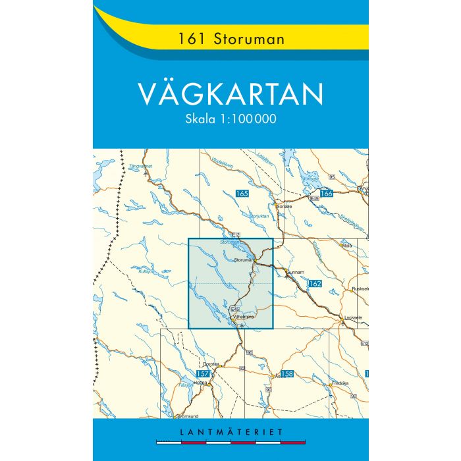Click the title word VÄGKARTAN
230,94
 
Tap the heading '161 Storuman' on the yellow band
230,39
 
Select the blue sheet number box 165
242,193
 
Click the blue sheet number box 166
326,193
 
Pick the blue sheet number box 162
314,283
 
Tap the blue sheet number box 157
203,373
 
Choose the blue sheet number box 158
286,374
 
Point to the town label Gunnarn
294,271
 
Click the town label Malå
348,246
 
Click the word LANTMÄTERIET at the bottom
230,432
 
